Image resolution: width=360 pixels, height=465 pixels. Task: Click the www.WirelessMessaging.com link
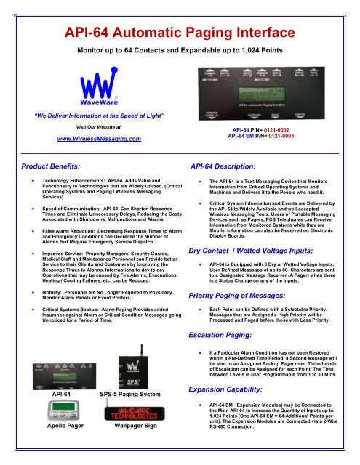point(98,137)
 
